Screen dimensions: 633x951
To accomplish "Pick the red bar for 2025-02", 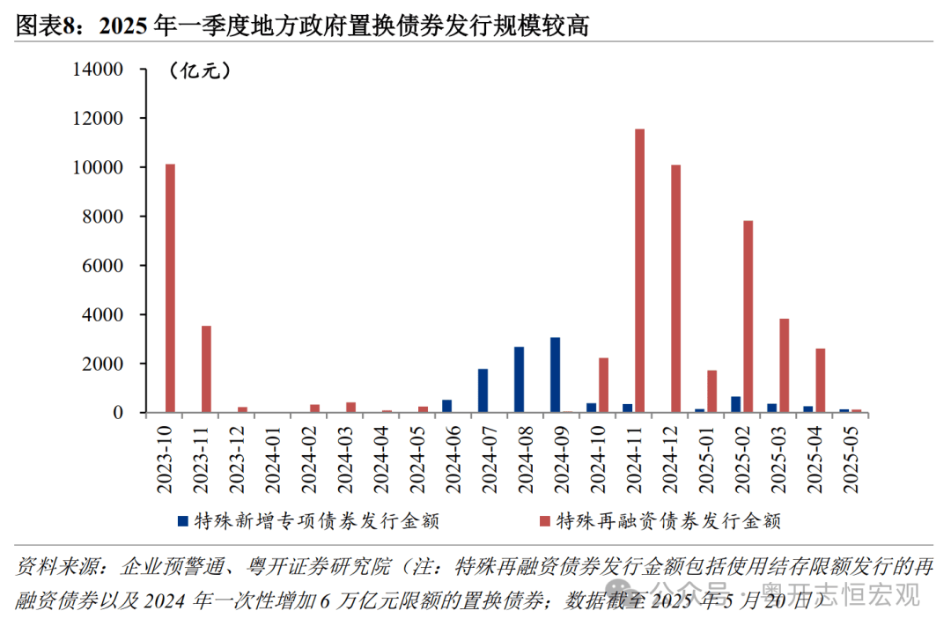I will [748, 317].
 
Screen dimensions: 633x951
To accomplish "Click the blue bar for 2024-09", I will [555, 375].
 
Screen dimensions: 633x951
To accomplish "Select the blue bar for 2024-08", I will [519, 379].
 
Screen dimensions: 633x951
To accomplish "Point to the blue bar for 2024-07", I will [483, 391].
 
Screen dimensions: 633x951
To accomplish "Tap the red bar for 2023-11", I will [206, 370].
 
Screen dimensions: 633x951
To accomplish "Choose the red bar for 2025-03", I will [784, 365].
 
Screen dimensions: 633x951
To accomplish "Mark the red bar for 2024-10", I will [603, 386].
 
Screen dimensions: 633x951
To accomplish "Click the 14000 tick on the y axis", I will [102, 70].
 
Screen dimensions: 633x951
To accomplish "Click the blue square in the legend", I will [182, 521].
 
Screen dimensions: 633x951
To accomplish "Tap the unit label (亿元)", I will [199, 71].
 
